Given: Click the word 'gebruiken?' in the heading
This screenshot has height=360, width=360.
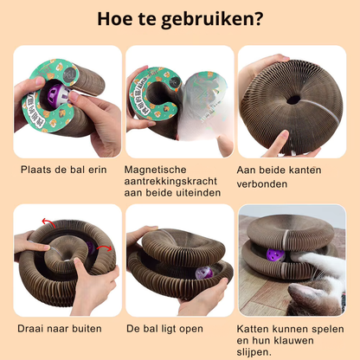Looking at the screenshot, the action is point(212,20).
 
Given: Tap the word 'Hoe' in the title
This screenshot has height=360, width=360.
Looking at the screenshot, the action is point(113,18).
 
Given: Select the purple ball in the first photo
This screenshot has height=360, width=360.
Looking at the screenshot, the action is point(58,94).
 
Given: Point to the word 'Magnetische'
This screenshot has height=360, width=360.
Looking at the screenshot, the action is point(155,170).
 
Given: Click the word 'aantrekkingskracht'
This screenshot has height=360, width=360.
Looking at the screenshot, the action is point(170,182).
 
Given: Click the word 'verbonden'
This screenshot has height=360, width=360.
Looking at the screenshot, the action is point(262,184).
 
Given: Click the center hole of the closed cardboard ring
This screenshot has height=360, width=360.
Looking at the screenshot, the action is point(293,100).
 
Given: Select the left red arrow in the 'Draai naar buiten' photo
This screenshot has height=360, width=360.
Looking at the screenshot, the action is point(48,222).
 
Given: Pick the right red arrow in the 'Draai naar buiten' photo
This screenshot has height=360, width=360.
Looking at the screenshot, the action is point(104,248).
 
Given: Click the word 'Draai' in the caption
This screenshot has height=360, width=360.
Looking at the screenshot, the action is point(29,329).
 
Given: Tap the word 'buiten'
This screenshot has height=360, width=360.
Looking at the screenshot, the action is point(87,329).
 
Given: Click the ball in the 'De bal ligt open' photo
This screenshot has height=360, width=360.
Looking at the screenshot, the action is point(203,273).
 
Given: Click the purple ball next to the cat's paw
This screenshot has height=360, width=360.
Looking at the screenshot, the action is point(275,255).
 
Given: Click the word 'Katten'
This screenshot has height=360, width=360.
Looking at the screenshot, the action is point(253,329).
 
